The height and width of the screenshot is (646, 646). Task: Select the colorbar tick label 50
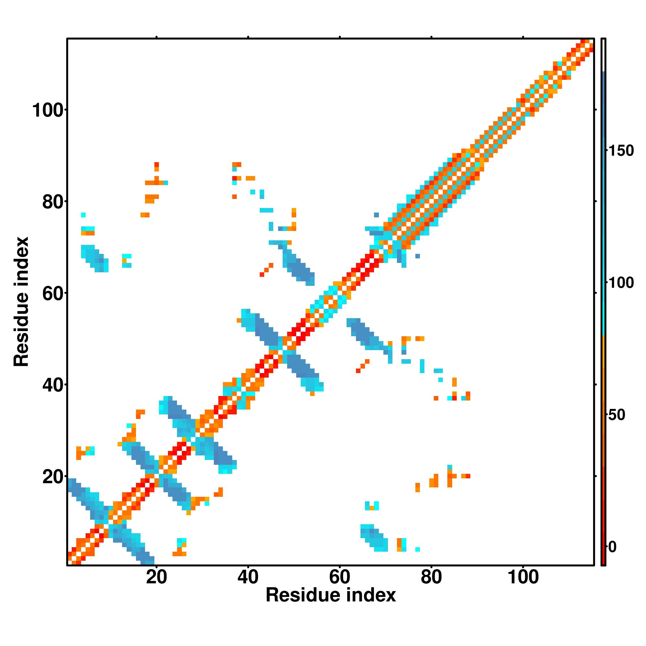[x=617, y=415]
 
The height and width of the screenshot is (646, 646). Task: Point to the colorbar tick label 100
[x=621, y=283]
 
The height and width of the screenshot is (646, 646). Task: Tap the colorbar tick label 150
[x=621, y=151]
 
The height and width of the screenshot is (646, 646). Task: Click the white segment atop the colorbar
[x=604, y=55]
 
